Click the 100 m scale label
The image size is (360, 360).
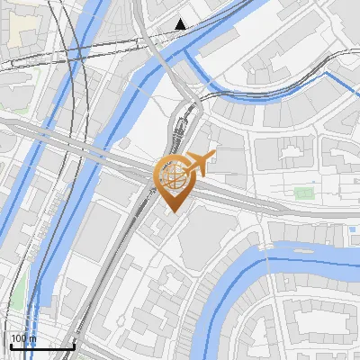[x=23, y=338]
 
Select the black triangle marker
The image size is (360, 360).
[x=181, y=24]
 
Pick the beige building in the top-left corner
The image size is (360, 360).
[x=23, y=27]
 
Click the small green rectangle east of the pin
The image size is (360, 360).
[x=304, y=192]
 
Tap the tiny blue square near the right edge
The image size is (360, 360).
[x=349, y=230]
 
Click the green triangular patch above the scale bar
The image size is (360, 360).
[x=18, y=292]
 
